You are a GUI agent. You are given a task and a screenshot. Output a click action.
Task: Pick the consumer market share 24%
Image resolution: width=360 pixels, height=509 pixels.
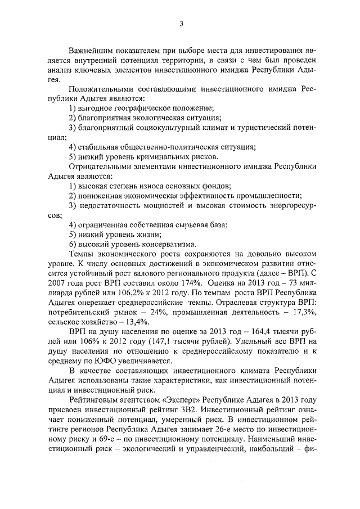pyautogui.click(x=160, y=313)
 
